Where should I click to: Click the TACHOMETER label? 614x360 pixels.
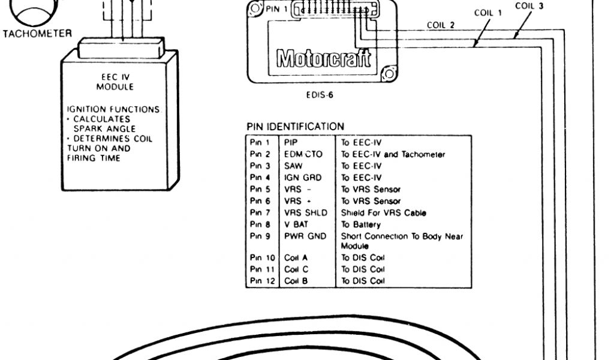37,34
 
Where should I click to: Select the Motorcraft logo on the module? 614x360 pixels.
323,59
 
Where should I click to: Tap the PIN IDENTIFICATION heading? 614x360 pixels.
296,127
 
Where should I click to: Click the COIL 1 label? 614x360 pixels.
488,13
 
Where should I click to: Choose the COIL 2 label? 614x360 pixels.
440,25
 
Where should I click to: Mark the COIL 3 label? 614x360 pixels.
529,5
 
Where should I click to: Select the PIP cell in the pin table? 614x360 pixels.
291,143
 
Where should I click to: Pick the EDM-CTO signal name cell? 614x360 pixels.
303,154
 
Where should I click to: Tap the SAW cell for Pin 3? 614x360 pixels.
293,166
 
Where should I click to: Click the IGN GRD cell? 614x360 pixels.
302,178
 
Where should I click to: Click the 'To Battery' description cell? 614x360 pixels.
361,224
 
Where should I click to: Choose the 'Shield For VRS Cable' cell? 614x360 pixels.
384,213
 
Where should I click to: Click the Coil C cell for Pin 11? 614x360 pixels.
296,269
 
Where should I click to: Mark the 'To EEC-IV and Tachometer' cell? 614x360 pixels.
393,154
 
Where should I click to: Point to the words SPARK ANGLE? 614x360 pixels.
104,128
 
